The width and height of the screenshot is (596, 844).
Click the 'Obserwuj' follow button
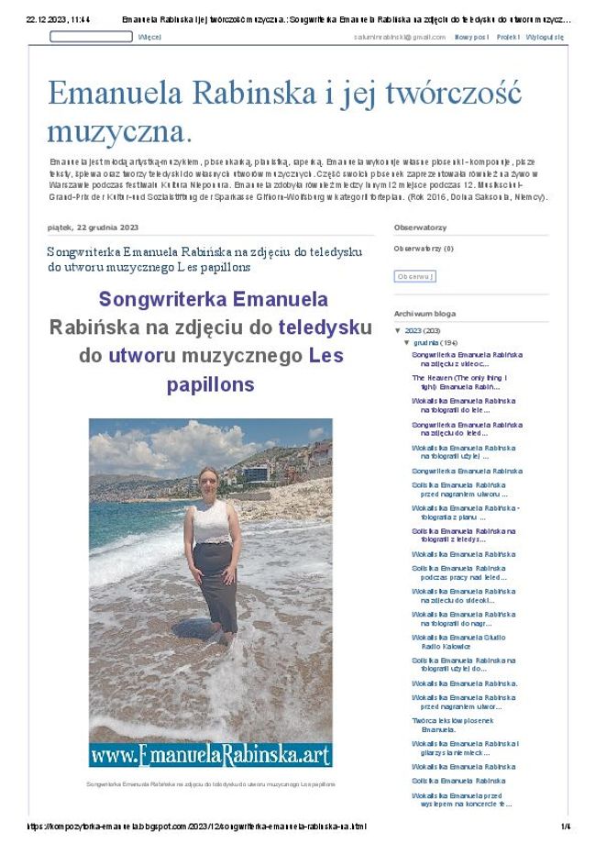(414, 276)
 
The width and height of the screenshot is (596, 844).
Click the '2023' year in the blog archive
(413, 330)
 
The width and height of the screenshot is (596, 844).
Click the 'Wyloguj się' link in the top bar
(546, 37)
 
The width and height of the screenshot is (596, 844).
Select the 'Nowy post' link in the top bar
(471, 37)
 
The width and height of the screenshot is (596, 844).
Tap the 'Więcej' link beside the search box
(149, 37)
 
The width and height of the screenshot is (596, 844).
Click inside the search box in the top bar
(90, 37)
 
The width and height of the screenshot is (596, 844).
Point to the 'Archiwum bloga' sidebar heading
(425, 313)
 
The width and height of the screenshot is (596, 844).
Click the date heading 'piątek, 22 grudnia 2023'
(93, 228)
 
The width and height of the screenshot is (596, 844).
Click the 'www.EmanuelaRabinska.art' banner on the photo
(210, 755)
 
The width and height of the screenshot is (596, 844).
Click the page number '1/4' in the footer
(565, 826)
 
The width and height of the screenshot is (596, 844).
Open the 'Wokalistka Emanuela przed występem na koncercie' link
(461, 799)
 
